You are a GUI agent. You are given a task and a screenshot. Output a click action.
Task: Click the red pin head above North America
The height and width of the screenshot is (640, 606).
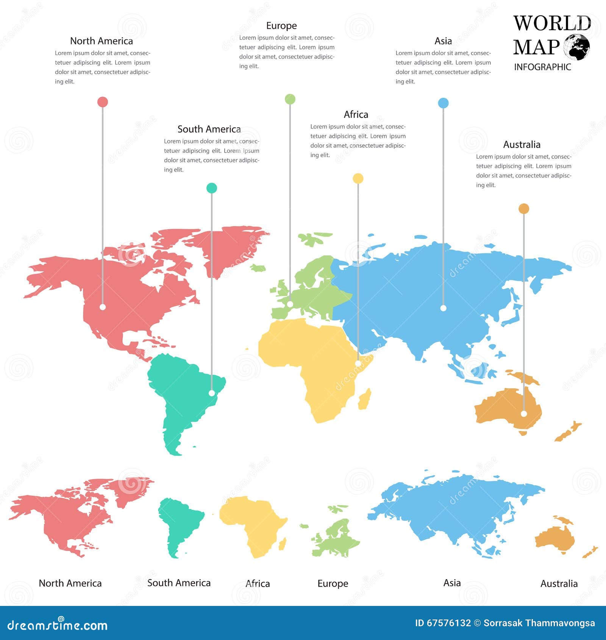pos(103,102)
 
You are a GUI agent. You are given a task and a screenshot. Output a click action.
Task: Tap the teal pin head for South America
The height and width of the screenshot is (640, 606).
pos(212,188)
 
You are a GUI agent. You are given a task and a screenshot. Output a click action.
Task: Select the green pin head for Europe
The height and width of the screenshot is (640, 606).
pos(290,99)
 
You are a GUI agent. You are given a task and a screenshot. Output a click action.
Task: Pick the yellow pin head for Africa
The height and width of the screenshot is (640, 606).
pos(358,178)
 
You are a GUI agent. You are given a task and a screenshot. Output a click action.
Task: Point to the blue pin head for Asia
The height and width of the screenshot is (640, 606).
pos(443,103)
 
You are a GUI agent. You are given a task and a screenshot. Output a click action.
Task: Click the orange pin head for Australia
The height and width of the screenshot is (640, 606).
pos(524,209)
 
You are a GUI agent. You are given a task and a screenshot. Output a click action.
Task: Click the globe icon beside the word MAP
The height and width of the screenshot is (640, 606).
pos(576,47)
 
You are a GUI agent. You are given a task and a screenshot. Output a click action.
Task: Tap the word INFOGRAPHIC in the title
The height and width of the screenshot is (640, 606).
pos(542,67)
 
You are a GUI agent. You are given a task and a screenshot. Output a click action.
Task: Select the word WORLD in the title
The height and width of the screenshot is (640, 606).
pos(552,23)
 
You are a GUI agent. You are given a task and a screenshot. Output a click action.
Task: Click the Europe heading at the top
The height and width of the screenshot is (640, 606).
pos(281,26)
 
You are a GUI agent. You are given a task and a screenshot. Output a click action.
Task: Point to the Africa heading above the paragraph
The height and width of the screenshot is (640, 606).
pos(356,114)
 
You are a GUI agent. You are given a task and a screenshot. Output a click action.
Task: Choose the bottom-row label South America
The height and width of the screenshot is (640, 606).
pos(179,583)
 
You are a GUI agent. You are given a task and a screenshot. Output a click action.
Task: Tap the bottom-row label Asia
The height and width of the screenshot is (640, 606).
pos(452,583)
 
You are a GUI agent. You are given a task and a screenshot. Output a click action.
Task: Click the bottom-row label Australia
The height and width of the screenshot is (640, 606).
pos(559,584)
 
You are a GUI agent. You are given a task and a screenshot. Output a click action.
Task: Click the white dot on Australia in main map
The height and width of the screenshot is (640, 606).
pos(524,414)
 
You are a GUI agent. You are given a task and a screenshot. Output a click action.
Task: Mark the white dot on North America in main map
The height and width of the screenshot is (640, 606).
pos(103,307)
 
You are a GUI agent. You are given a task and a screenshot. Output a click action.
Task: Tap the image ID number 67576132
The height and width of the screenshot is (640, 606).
pos(448,623)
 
